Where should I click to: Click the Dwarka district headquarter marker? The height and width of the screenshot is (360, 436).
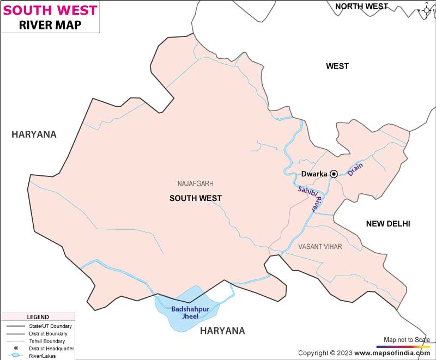click(334, 174)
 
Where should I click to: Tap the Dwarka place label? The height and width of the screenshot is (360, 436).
click(314, 174)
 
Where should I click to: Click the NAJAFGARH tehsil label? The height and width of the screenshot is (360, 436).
click(195, 184)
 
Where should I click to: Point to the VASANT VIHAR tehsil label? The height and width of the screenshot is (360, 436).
click(320, 247)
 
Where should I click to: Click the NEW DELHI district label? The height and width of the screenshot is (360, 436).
click(387, 224)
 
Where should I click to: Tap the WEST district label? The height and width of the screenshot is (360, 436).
click(337, 66)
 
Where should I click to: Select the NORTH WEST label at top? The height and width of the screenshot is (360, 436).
click(361, 7)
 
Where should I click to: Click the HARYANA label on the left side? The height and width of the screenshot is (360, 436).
click(34, 135)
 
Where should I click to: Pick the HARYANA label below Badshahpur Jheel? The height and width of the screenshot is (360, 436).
click(222, 331)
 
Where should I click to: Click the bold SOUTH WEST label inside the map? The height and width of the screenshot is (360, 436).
click(195, 198)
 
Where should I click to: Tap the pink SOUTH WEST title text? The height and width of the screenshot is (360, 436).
click(50, 10)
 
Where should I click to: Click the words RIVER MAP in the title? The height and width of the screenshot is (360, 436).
click(50, 25)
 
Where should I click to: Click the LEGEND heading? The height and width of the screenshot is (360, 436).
click(38, 318)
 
